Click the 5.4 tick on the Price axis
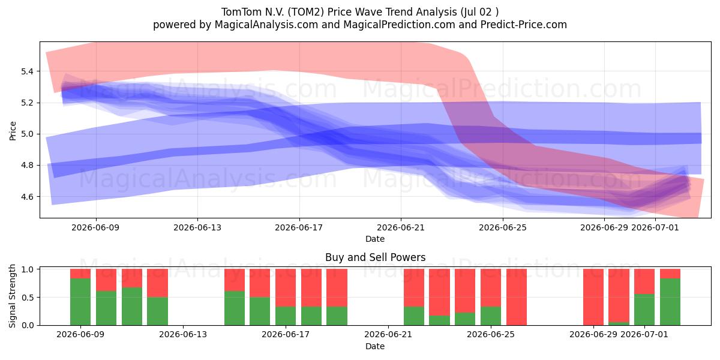click(28, 71)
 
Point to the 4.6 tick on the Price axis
click(28, 197)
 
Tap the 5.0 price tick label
click(28, 134)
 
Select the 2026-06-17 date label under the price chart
click(299, 227)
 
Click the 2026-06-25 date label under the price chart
click(503, 227)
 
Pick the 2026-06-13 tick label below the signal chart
click(183, 335)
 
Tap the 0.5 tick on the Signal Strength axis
click(28, 298)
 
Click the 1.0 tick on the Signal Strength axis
click(28, 269)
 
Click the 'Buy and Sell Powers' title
click(375, 257)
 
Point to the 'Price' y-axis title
click(13, 131)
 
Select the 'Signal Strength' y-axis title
click(12, 296)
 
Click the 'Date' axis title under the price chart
click(375, 239)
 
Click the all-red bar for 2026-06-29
click(593, 297)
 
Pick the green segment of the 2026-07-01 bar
click(644, 310)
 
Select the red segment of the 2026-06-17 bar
click(286, 287)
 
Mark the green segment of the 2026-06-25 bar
click(491, 316)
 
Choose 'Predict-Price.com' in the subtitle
click(524, 25)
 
